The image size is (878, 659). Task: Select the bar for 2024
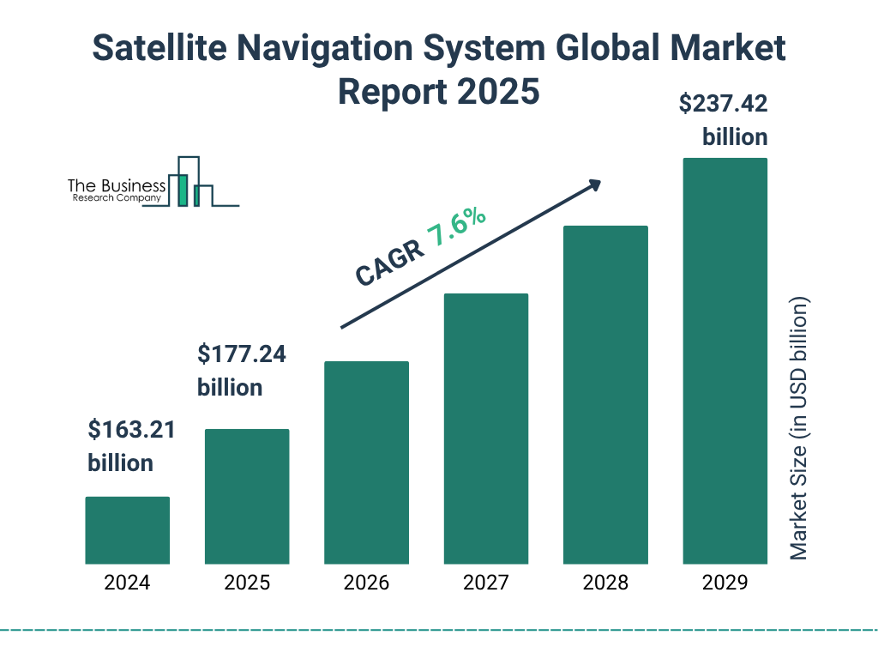click(x=127, y=530)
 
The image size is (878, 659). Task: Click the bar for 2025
click(x=247, y=496)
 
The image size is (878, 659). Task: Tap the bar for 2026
click(x=366, y=463)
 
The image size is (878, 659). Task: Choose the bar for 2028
click(x=605, y=395)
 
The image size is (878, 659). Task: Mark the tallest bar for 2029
click(x=725, y=361)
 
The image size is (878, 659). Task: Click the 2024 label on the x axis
click(x=127, y=583)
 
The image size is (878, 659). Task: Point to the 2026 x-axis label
click(x=366, y=583)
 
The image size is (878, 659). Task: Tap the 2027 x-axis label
click(x=485, y=583)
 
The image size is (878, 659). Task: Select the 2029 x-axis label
click(x=725, y=583)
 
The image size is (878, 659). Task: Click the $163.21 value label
click(x=131, y=430)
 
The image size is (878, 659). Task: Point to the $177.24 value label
click(x=241, y=354)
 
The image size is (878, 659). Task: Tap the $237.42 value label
click(x=723, y=105)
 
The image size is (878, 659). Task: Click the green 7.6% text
click(x=456, y=227)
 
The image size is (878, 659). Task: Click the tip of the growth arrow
click(x=599, y=182)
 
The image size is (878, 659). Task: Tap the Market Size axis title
click(x=799, y=429)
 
